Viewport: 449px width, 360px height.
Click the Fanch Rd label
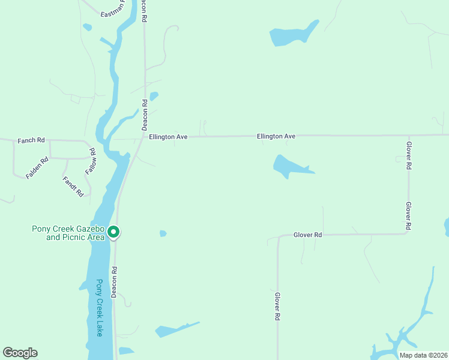point(31,140)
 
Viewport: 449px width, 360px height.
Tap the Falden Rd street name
point(37,168)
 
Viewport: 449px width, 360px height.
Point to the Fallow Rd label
point(91,161)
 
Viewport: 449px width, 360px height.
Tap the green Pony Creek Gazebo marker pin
point(113,232)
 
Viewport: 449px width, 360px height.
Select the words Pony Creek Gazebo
point(68,229)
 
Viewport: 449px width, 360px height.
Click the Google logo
point(20,353)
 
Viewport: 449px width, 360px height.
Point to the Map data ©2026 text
point(423,355)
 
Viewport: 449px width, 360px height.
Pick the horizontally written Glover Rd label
point(307,235)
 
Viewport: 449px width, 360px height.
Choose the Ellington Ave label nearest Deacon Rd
point(169,137)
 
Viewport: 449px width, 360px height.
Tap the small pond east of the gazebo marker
point(163,233)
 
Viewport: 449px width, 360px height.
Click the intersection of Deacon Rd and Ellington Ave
point(144,137)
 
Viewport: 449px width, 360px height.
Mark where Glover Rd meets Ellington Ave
point(408,135)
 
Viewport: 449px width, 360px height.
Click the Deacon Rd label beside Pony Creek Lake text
point(114,282)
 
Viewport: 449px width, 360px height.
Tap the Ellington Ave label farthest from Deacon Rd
point(276,137)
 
